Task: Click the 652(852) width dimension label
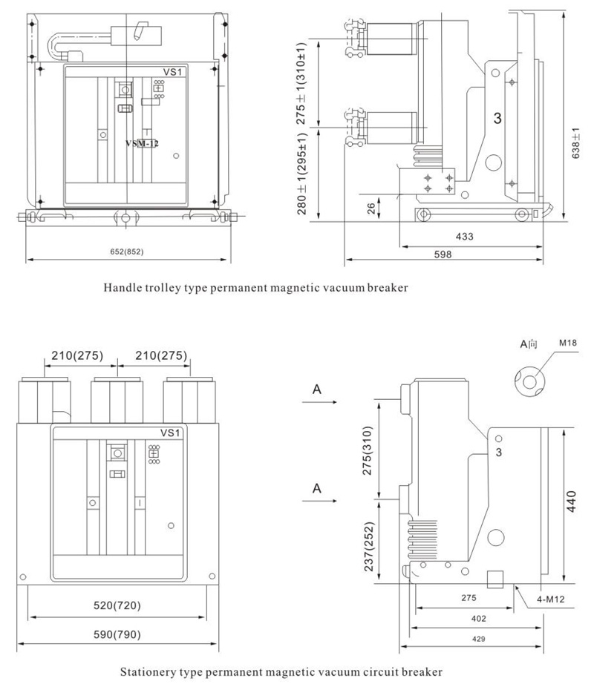[127, 252]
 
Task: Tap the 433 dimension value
[465, 237]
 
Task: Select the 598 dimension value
[443, 254]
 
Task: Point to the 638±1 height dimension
[576, 143]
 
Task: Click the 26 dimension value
[371, 208]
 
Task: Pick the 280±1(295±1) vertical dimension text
[302, 174]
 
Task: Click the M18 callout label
[568, 343]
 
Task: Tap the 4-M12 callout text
[551, 599]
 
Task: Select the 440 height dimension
[571, 502]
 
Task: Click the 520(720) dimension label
[117, 605]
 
